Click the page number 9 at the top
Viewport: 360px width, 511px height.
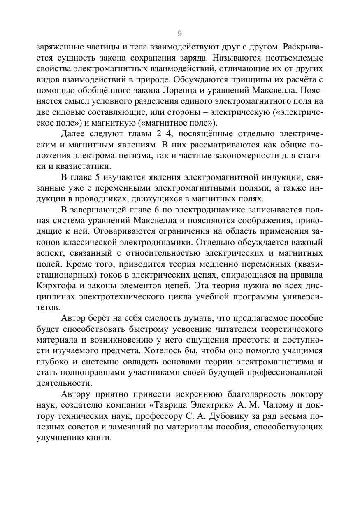click(x=179, y=33)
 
